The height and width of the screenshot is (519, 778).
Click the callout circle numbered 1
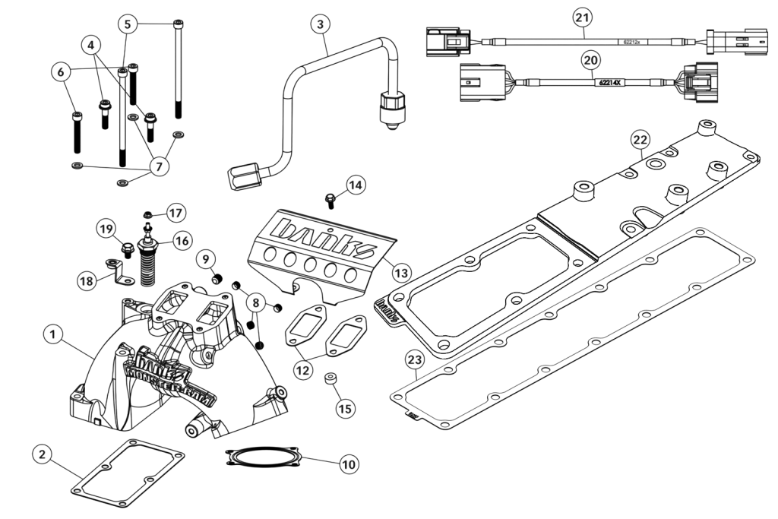click(52, 333)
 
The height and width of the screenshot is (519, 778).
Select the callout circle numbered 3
click(323, 25)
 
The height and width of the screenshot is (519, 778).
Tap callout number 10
click(349, 462)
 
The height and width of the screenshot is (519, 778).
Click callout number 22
click(640, 139)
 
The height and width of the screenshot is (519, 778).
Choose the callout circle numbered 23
click(414, 359)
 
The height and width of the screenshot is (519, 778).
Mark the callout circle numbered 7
click(159, 166)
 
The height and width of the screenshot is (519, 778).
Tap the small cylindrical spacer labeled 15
click(331, 379)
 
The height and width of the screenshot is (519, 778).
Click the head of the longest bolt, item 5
click(177, 23)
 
